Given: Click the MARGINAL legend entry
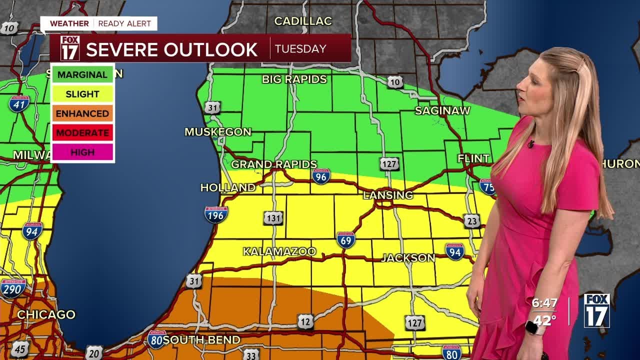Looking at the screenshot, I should tap(82, 74).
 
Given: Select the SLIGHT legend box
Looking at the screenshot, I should tap(82, 94).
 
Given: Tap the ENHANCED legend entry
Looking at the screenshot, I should tap(82, 113).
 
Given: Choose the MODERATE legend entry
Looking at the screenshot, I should tap(82, 132).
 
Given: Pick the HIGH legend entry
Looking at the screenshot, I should tap(82, 152).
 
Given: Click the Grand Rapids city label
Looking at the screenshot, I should tap(274, 164).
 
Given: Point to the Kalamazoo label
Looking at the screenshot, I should tap(279, 251).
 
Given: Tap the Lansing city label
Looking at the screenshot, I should tap(388, 195).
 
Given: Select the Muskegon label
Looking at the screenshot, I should tap(218, 132).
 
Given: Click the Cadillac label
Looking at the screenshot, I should tap(303, 21).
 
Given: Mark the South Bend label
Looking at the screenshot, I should tap(201, 340).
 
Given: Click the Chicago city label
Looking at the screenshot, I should tap(46, 315).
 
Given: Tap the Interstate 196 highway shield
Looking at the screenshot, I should tap(216, 214).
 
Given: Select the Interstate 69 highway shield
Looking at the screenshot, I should tap(346, 240).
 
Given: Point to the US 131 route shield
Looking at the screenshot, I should tap(273, 218).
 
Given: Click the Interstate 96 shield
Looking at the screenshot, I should tap(321, 176).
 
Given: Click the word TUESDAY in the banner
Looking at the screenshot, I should tap(300, 49).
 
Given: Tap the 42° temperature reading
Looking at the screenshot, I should tap(544, 320).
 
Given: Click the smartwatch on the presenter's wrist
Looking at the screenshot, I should tap(532, 327).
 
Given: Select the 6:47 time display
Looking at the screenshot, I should tap(544, 303).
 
